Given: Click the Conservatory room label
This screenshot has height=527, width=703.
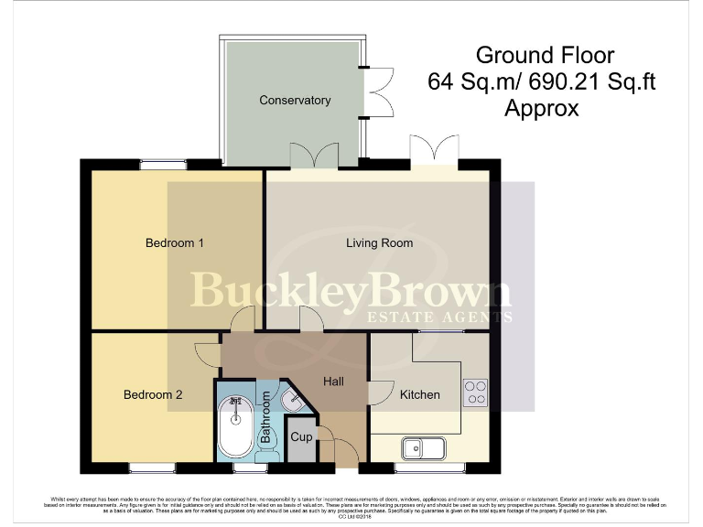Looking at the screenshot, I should click(294, 100).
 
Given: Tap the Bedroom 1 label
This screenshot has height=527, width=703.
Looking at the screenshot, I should click(174, 242).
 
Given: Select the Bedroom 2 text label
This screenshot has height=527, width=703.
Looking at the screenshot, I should click(153, 394).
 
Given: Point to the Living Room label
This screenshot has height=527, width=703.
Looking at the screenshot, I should click(379, 242).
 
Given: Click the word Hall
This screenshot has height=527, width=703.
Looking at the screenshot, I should click(334, 381).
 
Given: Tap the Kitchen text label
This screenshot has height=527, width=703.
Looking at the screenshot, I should click(419, 394).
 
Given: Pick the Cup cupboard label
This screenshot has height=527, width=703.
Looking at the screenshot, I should click(301, 437).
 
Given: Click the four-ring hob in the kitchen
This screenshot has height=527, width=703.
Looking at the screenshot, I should click(476, 393).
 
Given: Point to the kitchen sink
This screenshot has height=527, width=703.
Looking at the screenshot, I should click(423, 448).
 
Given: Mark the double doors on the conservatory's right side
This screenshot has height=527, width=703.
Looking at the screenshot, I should click(376, 92).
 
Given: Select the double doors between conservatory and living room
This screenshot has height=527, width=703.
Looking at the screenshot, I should click(312, 156).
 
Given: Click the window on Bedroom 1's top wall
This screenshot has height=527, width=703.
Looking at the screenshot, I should click(164, 165).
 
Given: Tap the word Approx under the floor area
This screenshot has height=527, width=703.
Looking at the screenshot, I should click(542, 109).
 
